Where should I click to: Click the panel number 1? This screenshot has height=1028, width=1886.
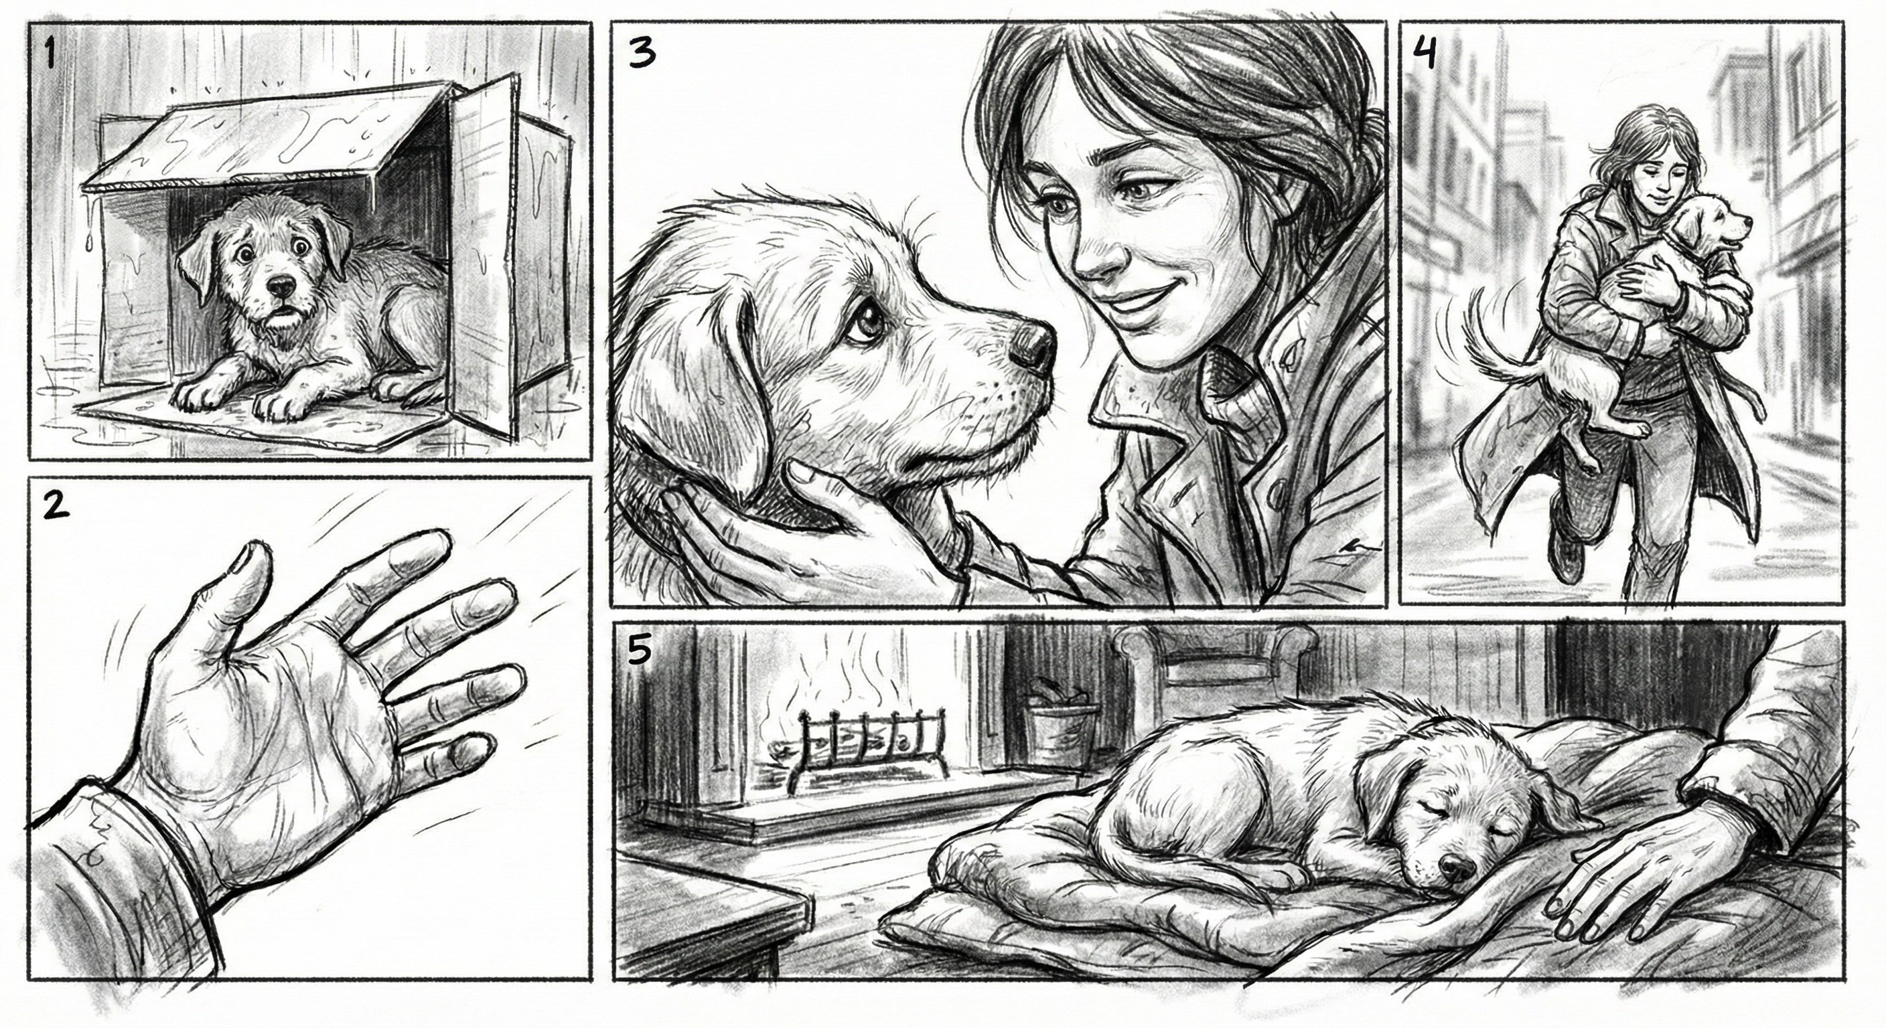pos(49,54)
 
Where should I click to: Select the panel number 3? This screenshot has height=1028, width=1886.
pos(642,54)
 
